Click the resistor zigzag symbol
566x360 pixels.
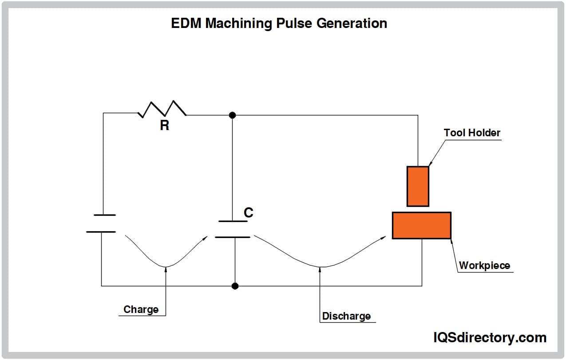click(x=162, y=109)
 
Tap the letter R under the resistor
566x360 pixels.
click(x=165, y=126)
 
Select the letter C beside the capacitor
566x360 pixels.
click(x=249, y=213)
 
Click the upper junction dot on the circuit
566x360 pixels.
click(x=232, y=115)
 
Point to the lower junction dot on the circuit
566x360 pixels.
click(x=235, y=286)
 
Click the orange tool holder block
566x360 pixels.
click(x=418, y=186)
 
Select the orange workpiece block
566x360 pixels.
click(x=421, y=225)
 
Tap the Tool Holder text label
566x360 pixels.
click(x=472, y=133)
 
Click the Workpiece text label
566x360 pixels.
click(x=484, y=265)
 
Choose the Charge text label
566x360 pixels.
click(x=141, y=309)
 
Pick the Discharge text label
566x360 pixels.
click(x=346, y=316)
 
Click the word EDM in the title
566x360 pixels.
click(x=186, y=24)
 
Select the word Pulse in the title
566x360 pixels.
click(x=293, y=24)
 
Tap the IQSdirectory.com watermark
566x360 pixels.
click(x=490, y=338)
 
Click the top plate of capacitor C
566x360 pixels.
click(x=233, y=221)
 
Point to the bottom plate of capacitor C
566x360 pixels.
click(x=233, y=237)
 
